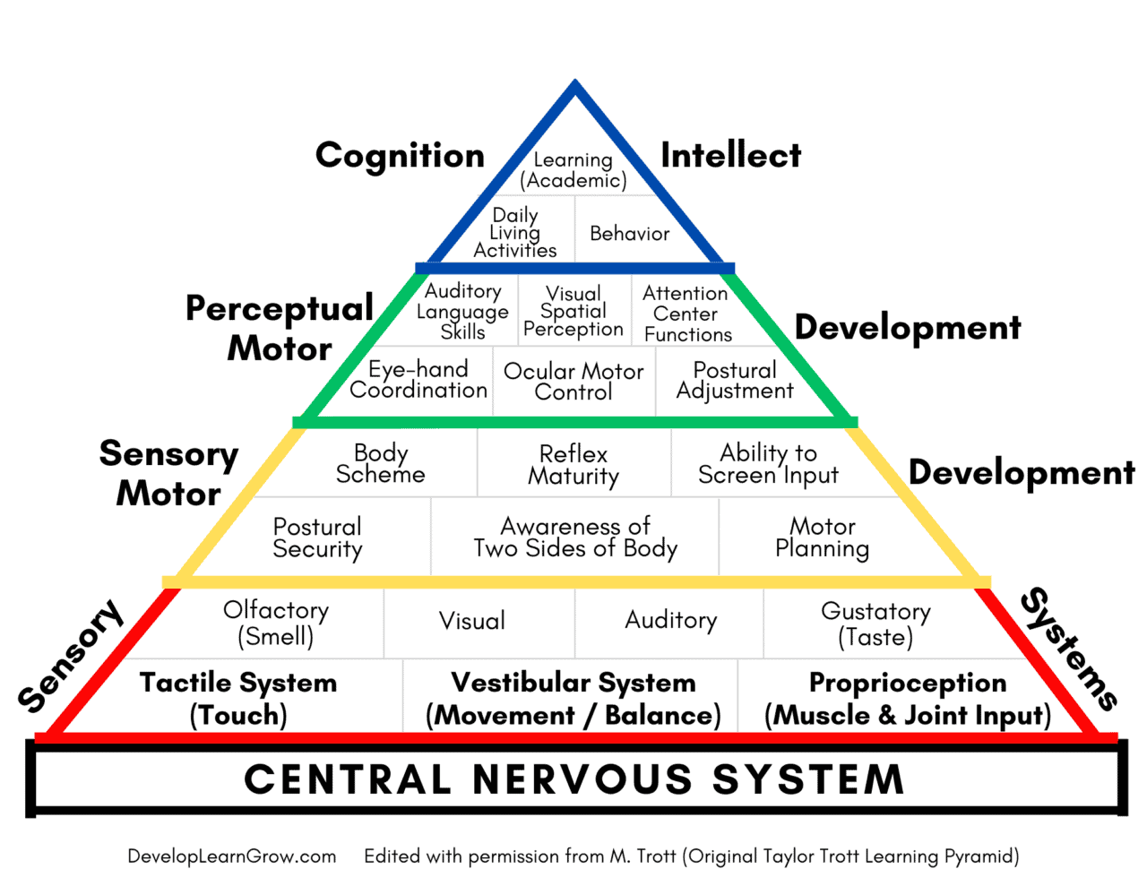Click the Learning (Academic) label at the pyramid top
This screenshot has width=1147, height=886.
tap(573, 170)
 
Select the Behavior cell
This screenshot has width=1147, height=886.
tap(629, 234)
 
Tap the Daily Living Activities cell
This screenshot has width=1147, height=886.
tap(515, 233)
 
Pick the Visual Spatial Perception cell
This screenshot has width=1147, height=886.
tap(573, 312)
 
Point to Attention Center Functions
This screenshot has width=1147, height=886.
tap(687, 314)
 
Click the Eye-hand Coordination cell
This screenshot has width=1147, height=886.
tap(418, 380)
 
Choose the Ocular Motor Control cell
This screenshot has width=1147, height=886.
tap(573, 382)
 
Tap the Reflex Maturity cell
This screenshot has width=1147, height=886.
tap(573, 465)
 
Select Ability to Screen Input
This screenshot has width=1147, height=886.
tap(768, 464)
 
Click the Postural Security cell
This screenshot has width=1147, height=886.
tap(317, 538)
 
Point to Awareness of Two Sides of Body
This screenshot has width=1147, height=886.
tap(575, 538)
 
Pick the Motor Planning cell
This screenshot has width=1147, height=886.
tap(822, 538)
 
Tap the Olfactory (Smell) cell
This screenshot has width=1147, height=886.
tap(276, 624)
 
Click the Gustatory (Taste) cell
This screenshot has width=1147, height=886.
tap(875, 624)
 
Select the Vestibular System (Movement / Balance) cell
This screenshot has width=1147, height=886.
tap(573, 699)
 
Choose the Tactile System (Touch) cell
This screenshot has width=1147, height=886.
tap(238, 699)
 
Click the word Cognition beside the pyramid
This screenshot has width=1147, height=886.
tap(400, 156)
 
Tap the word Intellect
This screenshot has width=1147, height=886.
tap(730, 156)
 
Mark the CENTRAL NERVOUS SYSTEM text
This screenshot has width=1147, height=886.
tap(574, 779)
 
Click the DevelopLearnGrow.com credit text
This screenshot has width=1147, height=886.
tap(232, 856)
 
